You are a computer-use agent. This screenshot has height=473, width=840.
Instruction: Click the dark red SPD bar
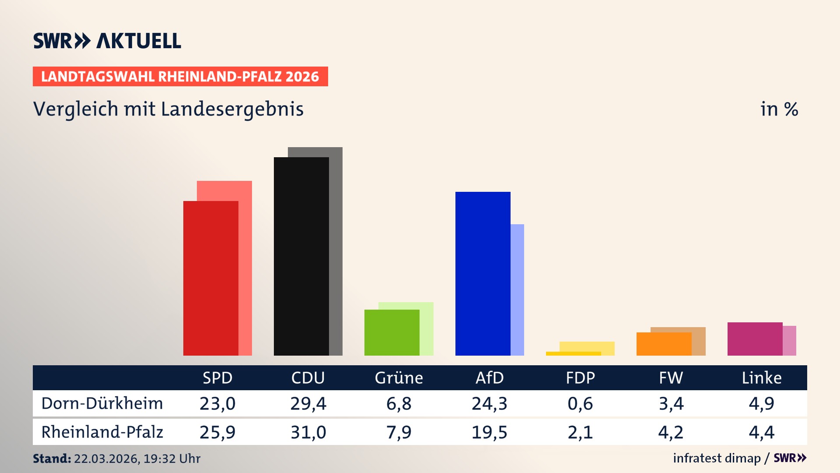pos(210,278)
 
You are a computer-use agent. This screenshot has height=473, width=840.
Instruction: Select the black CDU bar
pos(301,256)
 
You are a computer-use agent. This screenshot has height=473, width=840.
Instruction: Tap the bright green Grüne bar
pos(392,332)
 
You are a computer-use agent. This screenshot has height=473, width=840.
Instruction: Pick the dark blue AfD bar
pos(483,274)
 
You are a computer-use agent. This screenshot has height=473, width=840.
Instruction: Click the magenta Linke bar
pos(755,339)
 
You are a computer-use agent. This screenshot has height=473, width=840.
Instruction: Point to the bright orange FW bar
pos(664,344)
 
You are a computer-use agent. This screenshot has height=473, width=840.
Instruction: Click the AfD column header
pos(490,378)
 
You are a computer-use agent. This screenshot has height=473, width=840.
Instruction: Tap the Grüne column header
pos(399,378)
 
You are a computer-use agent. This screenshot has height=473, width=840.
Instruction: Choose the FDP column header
pos(580,378)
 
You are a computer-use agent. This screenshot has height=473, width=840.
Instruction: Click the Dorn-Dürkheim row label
pos(102,403)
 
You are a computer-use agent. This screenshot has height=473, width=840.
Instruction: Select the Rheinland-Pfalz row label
pos(102,432)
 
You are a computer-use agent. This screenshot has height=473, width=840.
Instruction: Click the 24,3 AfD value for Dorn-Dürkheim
pos(490,403)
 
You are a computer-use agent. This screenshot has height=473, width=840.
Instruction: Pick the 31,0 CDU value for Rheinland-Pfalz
pos(308,432)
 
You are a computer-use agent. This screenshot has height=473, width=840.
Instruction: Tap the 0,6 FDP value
pos(580,403)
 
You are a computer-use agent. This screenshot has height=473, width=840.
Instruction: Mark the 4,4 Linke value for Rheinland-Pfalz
pos(761,432)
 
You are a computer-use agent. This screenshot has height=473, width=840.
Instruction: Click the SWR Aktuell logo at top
pos(107,41)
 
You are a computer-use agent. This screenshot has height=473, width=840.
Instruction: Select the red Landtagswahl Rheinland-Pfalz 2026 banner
pos(180,77)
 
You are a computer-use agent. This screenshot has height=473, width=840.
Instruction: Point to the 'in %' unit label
pos(779,109)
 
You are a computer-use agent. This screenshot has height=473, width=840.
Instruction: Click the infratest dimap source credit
pos(717,458)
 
